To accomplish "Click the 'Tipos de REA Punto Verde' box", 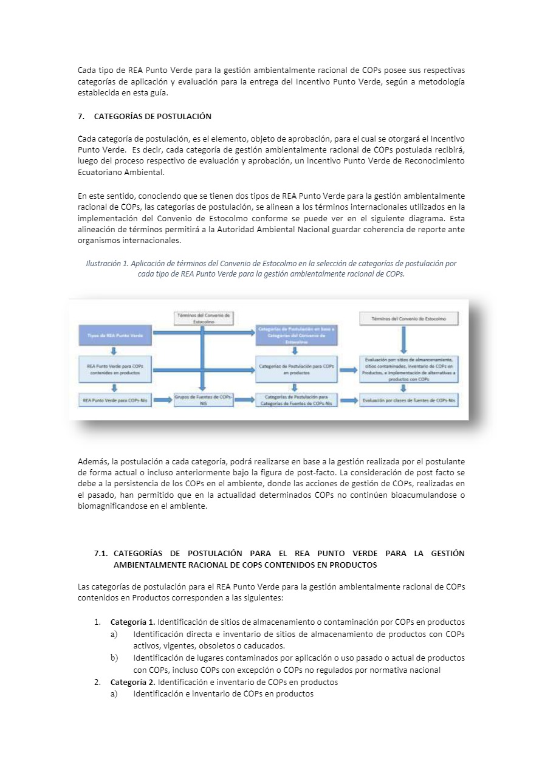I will pos(115,335).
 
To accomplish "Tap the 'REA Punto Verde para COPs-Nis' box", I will pos(115,401).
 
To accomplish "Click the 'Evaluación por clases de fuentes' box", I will pos(410,401).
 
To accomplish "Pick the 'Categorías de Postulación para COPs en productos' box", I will pos(296,370).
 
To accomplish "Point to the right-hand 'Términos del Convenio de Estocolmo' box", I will pos(409,318).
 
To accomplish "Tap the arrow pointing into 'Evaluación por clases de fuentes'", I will pos(348,401).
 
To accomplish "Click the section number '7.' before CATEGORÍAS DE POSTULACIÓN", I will pos(81,116).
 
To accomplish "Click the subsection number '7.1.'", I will pos(101,553).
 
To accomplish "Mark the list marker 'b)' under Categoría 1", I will pos(114,658).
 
